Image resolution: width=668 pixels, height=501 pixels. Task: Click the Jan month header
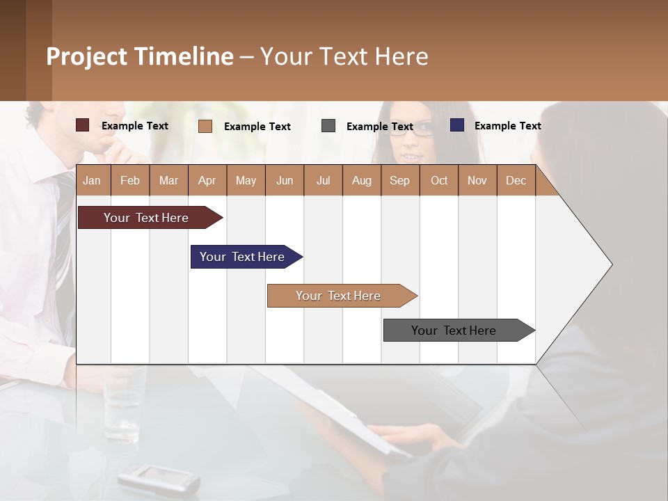(x=93, y=180)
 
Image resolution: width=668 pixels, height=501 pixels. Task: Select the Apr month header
(x=207, y=180)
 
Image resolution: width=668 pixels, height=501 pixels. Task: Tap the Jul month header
(x=323, y=180)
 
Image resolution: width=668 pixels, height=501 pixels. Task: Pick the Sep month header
(x=399, y=180)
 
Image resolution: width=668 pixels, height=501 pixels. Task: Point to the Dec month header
(x=516, y=180)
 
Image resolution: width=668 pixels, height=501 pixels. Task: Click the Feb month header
(x=130, y=180)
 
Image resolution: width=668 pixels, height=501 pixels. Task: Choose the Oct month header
(x=438, y=180)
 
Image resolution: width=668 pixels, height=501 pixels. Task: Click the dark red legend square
(x=83, y=125)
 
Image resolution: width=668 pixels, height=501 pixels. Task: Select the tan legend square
(x=205, y=126)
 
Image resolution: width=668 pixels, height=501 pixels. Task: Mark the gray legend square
(x=328, y=125)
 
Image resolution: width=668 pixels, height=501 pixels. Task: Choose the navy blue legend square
(x=457, y=125)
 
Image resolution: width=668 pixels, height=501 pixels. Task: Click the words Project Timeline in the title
(x=140, y=56)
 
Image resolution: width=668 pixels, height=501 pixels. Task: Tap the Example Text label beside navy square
(x=507, y=126)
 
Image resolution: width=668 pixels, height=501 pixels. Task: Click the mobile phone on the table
(x=159, y=479)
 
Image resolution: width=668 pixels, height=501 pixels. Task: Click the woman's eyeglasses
(x=415, y=132)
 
